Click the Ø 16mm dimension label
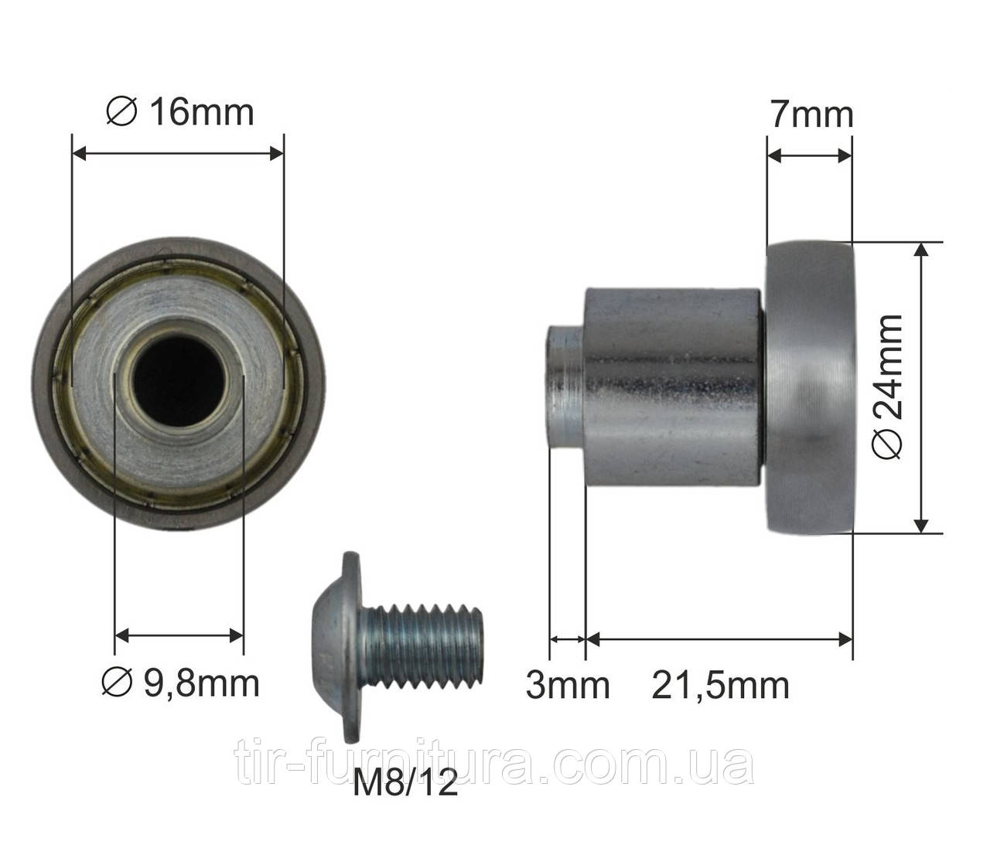[x=180, y=113]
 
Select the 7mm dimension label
[x=812, y=115]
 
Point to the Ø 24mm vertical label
[x=888, y=387]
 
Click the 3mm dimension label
[x=568, y=685]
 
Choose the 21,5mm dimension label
[x=721, y=686]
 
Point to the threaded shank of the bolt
[x=422, y=647]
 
